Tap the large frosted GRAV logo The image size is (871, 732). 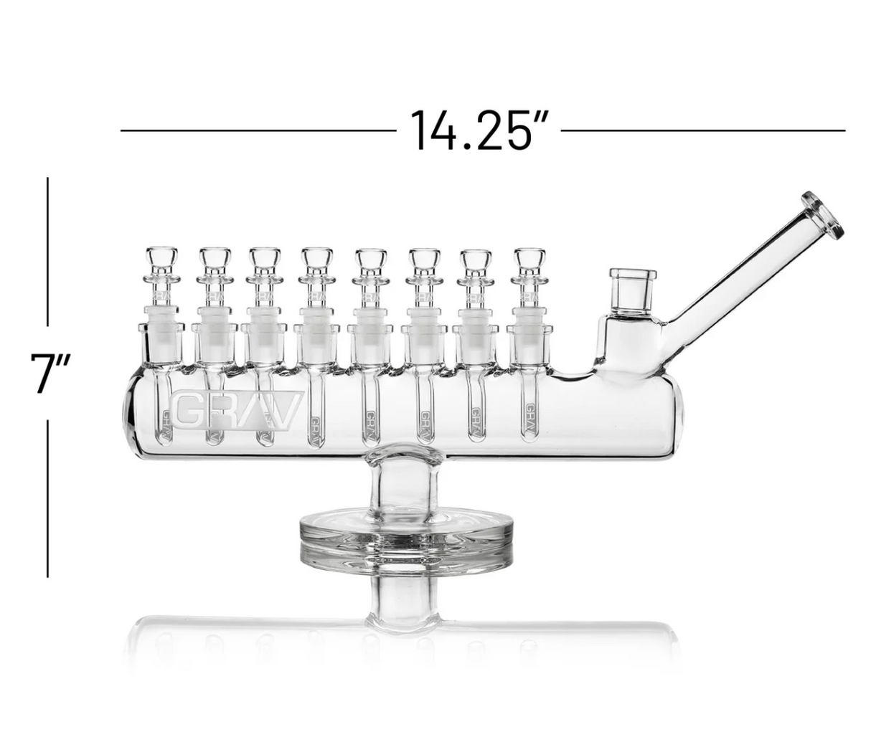point(237,409)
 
